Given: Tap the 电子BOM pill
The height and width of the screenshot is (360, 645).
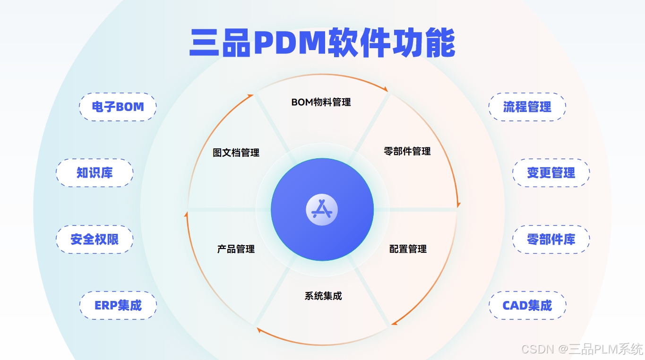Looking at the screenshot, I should tap(118, 107).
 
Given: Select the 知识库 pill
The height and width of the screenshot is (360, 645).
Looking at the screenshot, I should tap(95, 173).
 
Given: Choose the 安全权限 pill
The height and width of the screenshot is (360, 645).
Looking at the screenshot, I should tap(95, 240).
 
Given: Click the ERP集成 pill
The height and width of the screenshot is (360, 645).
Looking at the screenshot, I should tap(118, 305).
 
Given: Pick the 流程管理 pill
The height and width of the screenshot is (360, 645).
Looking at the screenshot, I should tap(527, 107).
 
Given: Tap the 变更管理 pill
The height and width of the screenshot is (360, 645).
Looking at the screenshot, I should tap(551, 173).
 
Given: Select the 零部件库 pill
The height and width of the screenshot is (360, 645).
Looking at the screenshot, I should tap(551, 240).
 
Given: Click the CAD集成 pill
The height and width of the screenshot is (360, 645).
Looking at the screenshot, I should tap(527, 305).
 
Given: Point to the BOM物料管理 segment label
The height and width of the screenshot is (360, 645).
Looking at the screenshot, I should tap(321, 102).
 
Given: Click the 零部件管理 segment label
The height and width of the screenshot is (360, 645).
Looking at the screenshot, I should tap(407, 152).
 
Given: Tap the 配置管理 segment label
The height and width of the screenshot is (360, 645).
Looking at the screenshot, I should tap(408, 249).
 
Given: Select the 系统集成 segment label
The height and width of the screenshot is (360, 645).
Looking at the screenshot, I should tap(323, 296).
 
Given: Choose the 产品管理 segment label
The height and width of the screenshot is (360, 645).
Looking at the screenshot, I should tap(236, 249).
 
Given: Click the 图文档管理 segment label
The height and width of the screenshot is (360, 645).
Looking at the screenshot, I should tap(236, 153).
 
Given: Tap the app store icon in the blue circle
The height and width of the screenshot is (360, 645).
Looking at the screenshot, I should tap(322, 210).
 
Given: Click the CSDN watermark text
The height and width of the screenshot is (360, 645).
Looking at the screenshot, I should tap(582, 349).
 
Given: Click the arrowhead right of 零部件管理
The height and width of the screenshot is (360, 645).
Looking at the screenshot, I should tap(457, 205).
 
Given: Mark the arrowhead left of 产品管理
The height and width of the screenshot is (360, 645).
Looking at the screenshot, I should tap(186, 215).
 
